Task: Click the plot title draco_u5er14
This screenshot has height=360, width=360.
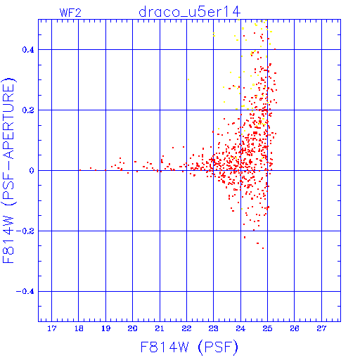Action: pyautogui.click(x=189, y=12)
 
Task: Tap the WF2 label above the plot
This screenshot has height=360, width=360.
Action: pyautogui.click(x=70, y=13)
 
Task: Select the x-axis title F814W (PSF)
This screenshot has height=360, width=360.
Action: pyautogui.click(x=189, y=347)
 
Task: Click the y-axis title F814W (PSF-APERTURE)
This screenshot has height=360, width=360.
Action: pyautogui.click(x=8, y=170)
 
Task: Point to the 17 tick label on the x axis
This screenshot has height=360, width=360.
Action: pyautogui.click(x=52, y=328)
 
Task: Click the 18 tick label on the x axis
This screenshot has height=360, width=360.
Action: pyautogui.click(x=79, y=328)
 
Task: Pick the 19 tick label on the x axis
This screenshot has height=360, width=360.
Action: pyautogui.click(x=105, y=328)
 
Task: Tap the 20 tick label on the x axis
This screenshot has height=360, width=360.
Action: pyautogui.click(x=133, y=328)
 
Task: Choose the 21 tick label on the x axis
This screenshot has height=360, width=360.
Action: pyautogui.click(x=160, y=328)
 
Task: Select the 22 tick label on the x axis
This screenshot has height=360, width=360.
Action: pyautogui.click(x=186, y=328)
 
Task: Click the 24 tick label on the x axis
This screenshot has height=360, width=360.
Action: pyautogui.click(x=240, y=328)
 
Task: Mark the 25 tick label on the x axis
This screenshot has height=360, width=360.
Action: pyautogui.click(x=267, y=328)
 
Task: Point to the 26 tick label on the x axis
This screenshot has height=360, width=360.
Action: pyautogui.click(x=295, y=328)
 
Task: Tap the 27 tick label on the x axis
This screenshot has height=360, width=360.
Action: pyautogui.click(x=321, y=328)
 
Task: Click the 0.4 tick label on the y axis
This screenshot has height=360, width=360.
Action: pyautogui.click(x=28, y=50)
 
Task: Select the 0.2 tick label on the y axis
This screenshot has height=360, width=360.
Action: pyautogui.click(x=28, y=110)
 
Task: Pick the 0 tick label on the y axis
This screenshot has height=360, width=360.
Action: pyautogui.click(x=32, y=171)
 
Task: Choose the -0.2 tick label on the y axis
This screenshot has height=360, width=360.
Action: pyautogui.click(x=25, y=231)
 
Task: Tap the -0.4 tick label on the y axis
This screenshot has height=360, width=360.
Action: pyautogui.click(x=25, y=292)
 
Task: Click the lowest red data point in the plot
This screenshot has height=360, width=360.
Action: pyautogui.click(x=263, y=248)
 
